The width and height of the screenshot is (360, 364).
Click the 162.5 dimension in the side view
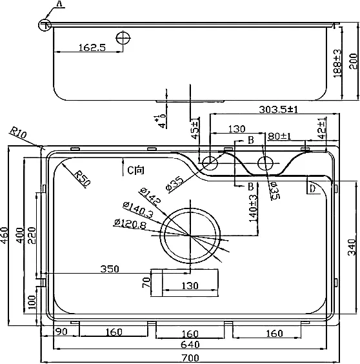click(x=92, y=48)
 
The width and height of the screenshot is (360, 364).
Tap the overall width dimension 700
click(x=190, y=358)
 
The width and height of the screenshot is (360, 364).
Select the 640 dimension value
click(x=190, y=345)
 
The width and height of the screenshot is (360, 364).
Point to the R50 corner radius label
click(x=82, y=178)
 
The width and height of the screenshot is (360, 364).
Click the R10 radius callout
click(x=18, y=132)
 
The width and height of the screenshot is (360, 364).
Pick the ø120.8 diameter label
click(x=130, y=224)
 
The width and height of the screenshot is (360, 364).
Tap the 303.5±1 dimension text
click(x=278, y=109)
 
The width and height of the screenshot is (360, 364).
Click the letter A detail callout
click(x=59, y=4)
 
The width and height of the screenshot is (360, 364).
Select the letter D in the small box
click(x=313, y=188)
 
